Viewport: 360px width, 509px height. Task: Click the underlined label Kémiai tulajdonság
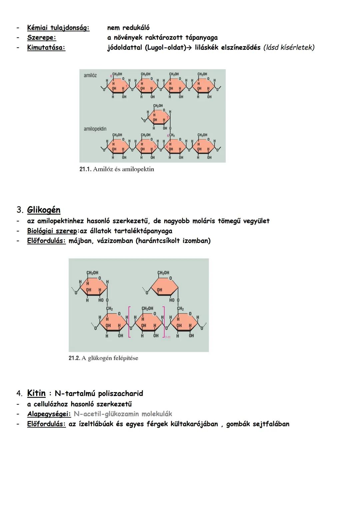58,28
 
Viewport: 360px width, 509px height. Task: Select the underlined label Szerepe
41,38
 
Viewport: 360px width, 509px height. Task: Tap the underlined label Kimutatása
46,48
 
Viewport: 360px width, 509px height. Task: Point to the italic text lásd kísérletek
289,48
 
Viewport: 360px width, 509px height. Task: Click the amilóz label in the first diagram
90,75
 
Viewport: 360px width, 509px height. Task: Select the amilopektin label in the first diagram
95,129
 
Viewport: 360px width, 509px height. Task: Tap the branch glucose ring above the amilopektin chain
158,117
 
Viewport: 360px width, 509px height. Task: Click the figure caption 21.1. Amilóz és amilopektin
117,169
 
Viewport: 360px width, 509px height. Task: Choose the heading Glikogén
44,210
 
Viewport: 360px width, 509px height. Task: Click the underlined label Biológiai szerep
52,231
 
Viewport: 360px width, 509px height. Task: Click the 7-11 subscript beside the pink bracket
167,337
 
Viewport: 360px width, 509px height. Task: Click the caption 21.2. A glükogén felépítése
103,358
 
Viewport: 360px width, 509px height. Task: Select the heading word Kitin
36,393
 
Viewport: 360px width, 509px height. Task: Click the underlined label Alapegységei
49,414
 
